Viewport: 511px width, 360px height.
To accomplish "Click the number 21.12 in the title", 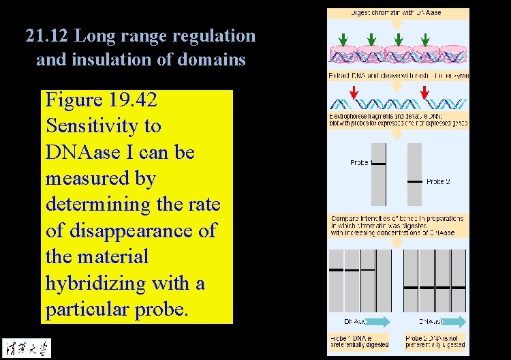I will click(48, 35).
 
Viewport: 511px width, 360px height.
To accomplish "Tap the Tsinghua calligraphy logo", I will click(26, 348).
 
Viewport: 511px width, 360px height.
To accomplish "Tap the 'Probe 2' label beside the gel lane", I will click(438, 181).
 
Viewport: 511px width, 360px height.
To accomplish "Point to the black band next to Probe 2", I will click(414, 181).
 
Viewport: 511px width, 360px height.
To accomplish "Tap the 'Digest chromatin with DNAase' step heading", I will click(396, 12).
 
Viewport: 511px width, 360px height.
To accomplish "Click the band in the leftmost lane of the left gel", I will click(336, 270).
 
